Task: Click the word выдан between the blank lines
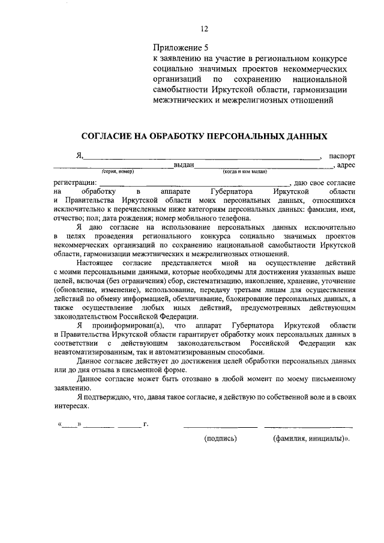184,165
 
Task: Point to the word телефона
234,218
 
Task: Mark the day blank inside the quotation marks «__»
69,425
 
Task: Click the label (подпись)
220,439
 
